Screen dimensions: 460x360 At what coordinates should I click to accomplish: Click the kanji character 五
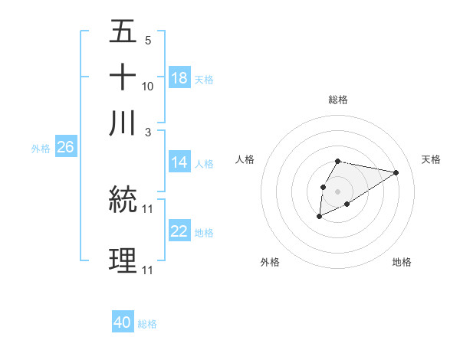pyautogui.click(x=123, y=33)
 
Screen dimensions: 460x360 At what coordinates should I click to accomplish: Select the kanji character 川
pyautogui.click(x=123, y=123)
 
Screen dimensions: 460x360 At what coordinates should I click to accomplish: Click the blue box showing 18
pyautogui.click(x=179, y=78)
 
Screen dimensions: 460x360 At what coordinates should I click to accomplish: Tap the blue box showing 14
pyautogui.click(x=179, y=162)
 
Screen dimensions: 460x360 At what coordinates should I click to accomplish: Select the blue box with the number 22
pyautogui.click(x=179, y=231)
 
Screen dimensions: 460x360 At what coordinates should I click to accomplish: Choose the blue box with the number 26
pyautogui.click(x=65, y=148)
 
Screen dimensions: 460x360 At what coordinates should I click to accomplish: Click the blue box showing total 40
pyautogui.click(x=123, y=323)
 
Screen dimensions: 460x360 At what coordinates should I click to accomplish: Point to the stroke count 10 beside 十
pyautogui.click(x=148, y=87)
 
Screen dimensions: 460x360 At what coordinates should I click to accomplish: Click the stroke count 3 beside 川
pyautogui.click(x=148, y=133)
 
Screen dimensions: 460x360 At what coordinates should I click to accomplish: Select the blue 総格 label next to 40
pyautogui.click(x=147, y=324)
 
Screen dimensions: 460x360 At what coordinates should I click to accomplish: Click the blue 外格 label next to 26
pyautogui.click(x=41, y=149)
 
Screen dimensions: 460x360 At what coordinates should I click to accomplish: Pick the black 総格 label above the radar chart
pyautogui.click(x=337, y=100)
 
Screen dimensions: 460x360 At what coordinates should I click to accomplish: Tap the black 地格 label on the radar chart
pyautogui.click(x=402, y=262)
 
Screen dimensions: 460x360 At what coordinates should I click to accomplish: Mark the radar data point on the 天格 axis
pyautogui.click(x=396, y=172)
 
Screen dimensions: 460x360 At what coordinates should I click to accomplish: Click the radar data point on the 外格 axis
pyautogui.click(x=319, y=217)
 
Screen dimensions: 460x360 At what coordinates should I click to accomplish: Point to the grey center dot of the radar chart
pyautogui.click(x=337, y=191)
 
